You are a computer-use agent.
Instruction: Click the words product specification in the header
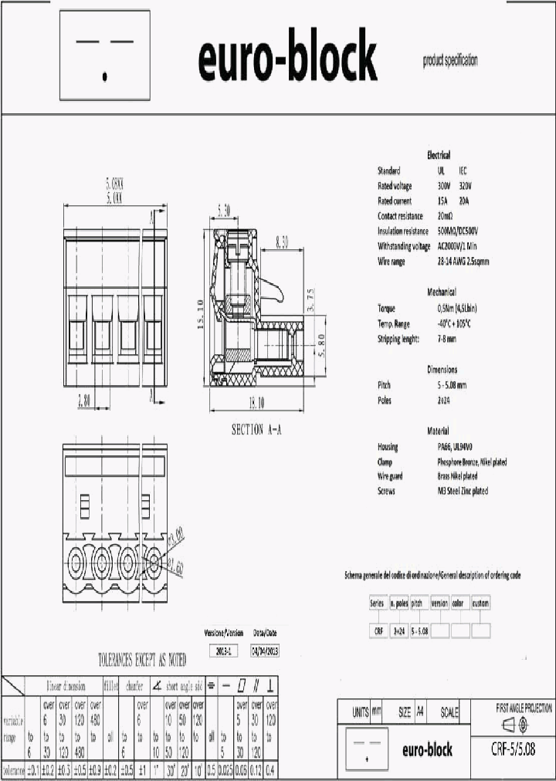[x=450, y=60]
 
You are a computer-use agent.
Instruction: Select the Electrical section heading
[x=439, y=155]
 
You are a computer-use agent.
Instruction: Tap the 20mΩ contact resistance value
[x=446, y=216]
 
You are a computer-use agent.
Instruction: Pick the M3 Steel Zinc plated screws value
[x=463, y=491]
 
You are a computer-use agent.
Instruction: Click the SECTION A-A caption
[x=256, y=430]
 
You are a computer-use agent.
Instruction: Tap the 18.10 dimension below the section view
[x=256, y=403]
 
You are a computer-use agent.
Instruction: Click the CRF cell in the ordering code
[x=378, y=631]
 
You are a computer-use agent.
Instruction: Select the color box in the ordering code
[x=459, y=603]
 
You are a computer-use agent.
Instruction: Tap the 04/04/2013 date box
[x=264, y=650]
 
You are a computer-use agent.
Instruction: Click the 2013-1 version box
[x=224, y=650]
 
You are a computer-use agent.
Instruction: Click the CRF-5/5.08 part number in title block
[x=513, y=749]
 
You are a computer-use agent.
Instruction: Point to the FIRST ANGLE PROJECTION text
[x=524, y=708]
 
